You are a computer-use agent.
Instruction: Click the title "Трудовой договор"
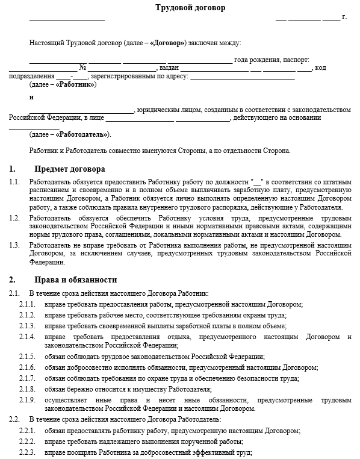pos(181,7)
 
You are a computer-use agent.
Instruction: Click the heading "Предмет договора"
pos(70,169)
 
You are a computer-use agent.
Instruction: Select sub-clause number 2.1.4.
pos(26,336)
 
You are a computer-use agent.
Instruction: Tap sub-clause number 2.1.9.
pos(26,399)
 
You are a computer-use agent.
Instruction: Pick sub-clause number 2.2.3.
pos(26,452)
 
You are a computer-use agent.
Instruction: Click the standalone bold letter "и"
pos(31,98)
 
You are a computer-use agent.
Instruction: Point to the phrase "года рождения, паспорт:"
pos(272,60)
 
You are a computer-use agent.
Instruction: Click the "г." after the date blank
pos(344,17)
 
